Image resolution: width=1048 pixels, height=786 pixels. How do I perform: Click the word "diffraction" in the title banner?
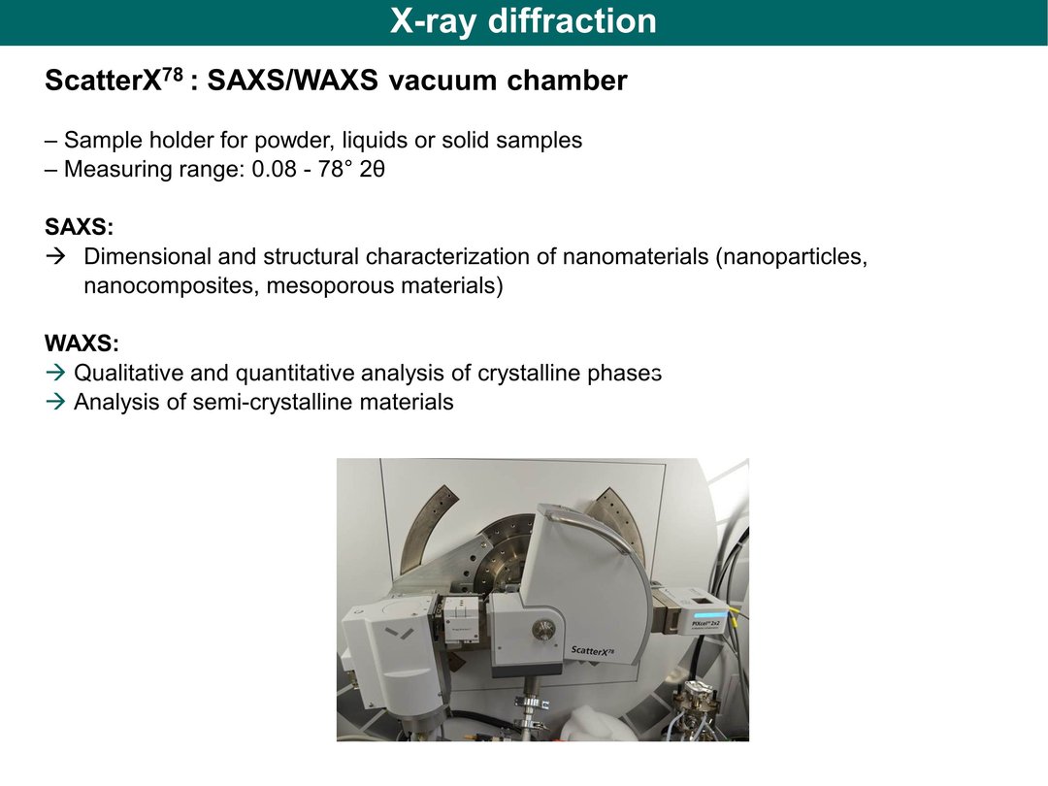(573, 20)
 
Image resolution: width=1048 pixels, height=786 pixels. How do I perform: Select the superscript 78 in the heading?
(173, 74)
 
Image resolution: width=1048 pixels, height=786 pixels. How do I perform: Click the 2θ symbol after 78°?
(372, 169)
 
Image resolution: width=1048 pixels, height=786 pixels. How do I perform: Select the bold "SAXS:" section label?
(79, 227)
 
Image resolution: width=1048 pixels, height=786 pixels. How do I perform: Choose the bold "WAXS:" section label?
(82, 344)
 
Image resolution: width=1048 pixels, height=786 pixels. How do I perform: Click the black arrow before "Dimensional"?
(56, 256)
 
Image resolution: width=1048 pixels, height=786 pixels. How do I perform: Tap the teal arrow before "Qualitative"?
(56, 373)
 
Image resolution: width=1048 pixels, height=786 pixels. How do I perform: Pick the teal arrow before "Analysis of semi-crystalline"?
(56, 402)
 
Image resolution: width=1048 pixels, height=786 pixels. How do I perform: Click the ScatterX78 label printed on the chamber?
(593, 649)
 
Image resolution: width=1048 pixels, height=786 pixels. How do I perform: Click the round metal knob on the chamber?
(543, 629)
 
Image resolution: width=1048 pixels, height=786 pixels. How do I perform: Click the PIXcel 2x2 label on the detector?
(705, 625)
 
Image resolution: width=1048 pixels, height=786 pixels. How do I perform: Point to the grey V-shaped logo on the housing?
(400, 633)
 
